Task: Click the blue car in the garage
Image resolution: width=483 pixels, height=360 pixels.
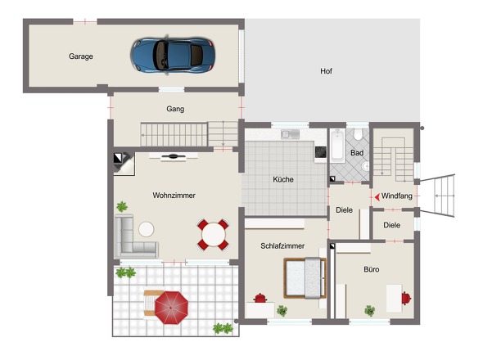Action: pos(173,56)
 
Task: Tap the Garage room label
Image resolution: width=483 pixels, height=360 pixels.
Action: pos(81,56)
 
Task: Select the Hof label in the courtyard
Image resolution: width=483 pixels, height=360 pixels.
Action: pos(326,71)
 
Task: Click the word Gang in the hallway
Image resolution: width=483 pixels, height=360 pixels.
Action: pos(175,109)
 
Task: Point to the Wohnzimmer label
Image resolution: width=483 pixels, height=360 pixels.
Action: pos(174,196)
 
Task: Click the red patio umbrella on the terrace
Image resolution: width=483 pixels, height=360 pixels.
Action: pos(171,308)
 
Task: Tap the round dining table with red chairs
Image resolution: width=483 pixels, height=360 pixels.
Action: pos(213,234)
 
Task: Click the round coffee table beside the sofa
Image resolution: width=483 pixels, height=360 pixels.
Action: pos(147,229)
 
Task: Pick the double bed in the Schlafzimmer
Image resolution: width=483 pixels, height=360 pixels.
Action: pos(305,278)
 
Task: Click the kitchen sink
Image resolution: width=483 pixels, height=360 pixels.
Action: pos(290,134)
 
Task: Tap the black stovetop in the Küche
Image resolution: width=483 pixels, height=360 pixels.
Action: pos(321,152)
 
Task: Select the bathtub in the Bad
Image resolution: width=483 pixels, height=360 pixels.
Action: pos(337,146)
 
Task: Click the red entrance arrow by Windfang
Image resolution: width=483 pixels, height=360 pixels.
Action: pos(377,196)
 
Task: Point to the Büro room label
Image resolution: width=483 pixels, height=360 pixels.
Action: pos(372,269)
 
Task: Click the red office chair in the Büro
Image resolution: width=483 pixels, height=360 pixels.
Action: pos(406,298)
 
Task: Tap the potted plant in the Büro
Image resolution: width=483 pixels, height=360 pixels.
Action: pos(370,311)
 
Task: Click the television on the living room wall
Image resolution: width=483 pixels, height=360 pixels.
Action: pos(174,156)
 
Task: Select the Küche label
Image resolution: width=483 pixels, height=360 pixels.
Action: pos(283,179)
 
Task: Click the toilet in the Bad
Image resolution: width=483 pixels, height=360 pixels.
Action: pos(358,133)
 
